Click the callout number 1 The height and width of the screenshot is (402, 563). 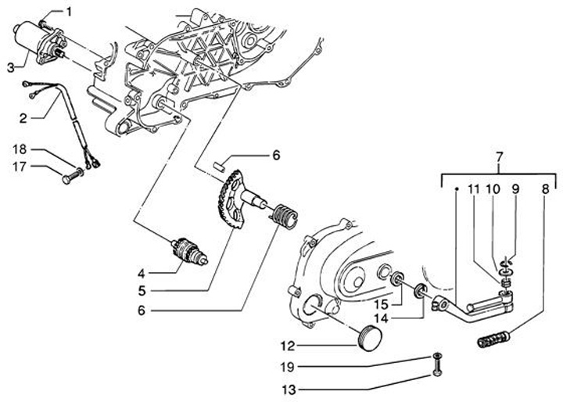[68, 12]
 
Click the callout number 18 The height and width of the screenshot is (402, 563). [20, 149]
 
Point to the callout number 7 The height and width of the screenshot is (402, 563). [498, 160]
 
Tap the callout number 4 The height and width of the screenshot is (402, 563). [142, 274]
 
